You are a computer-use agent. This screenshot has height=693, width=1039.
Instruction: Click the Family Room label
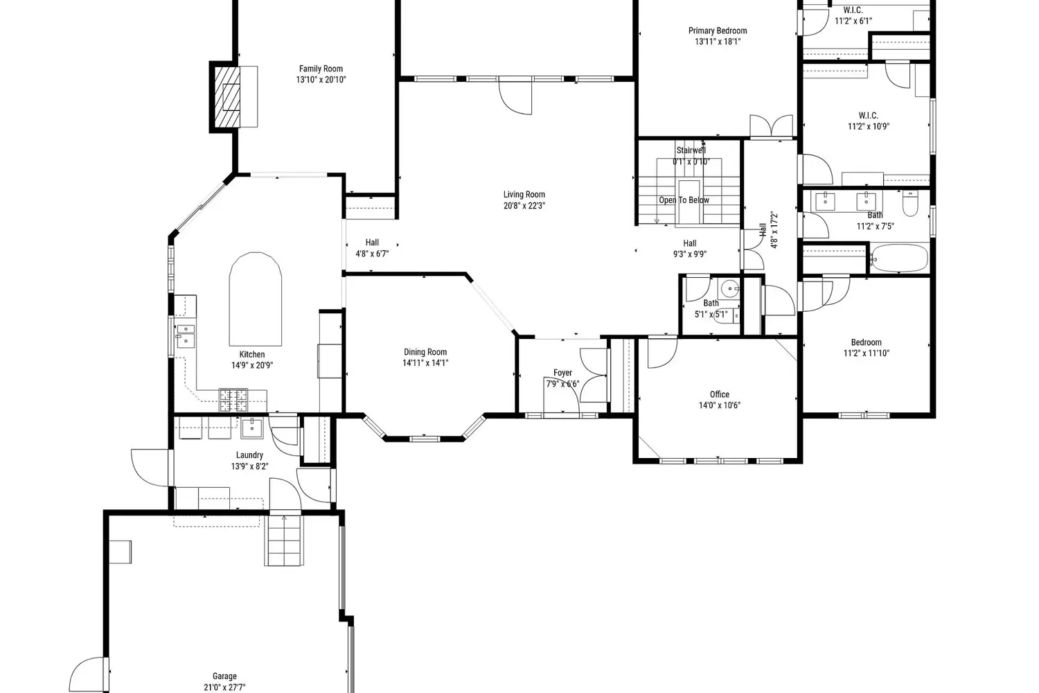[321, 69]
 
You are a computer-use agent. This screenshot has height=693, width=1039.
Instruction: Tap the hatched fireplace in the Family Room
[227, 96]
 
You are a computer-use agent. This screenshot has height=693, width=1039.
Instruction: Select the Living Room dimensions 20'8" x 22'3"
[524, 206]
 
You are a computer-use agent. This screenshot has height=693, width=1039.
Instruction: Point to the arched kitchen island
[255, 299]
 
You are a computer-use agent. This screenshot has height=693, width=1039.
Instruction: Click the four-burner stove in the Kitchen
[233, 400]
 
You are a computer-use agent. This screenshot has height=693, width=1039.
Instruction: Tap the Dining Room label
[425, 352]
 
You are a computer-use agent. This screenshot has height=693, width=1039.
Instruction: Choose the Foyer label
[562, 373]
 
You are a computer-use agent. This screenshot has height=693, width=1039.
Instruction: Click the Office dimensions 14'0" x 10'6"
[720, 405]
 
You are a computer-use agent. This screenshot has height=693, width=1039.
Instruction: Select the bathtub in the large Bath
[899, 258]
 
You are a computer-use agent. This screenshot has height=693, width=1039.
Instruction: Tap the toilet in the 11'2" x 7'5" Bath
[910, 204]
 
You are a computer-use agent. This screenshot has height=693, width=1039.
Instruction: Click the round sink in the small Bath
[730, 289]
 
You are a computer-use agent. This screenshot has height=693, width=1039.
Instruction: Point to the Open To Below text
[684, 200]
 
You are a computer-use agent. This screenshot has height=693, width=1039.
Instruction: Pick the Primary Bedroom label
[718, 30]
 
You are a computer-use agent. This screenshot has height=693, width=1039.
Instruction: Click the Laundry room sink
[251, 427]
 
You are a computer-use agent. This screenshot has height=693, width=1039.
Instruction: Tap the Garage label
[224, 676]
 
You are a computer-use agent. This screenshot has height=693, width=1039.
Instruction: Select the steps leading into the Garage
[284, 541]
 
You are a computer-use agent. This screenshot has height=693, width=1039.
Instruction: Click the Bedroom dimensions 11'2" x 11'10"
[867, 353]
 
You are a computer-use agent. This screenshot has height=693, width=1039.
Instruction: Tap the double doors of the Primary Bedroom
[772, 126]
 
